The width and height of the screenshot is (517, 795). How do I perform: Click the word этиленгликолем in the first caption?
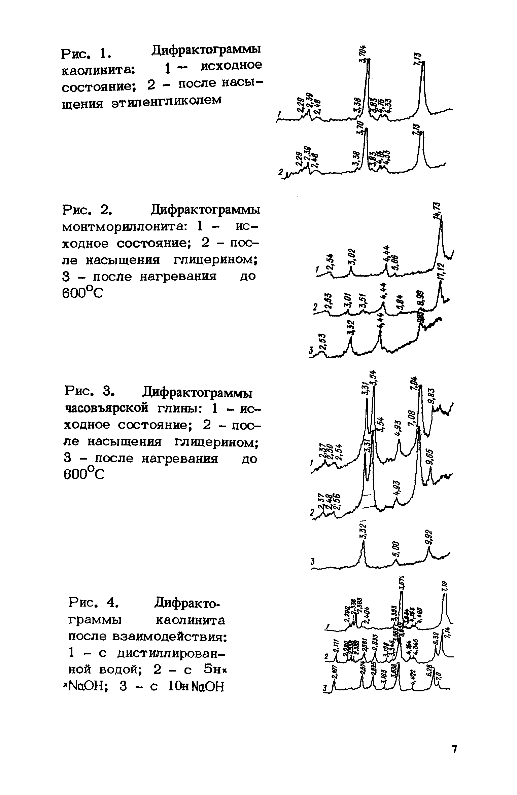click(x=166, y=101)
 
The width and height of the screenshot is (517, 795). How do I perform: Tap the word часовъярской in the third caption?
click(x=106, y=408)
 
